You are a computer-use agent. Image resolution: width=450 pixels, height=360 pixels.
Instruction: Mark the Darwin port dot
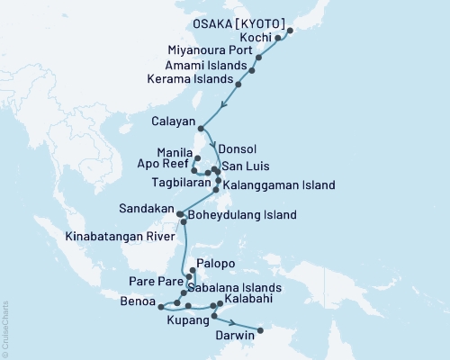point(261,330)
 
